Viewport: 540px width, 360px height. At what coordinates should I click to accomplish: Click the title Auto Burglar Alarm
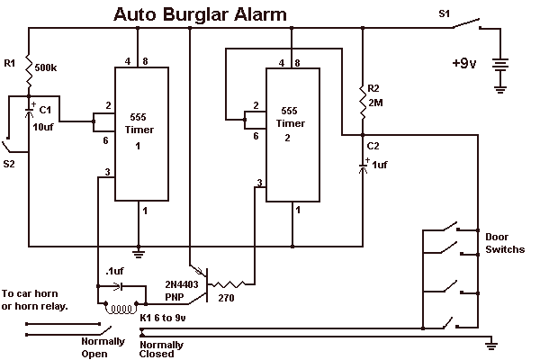(x=200, y=14)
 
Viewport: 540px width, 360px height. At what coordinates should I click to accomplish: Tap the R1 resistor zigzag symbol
(x=29, y=71)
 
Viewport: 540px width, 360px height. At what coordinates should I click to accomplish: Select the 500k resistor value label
(x=46, y=67)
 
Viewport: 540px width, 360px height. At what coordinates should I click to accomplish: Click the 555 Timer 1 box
(x=141, y=134)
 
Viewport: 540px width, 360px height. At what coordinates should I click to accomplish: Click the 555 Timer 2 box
(x=292, y=135)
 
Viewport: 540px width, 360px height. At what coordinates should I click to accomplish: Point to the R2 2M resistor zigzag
(x=363, y=103)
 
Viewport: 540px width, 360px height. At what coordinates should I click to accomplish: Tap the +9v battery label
(x=463, y=63)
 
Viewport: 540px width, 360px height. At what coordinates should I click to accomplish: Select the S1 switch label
(x=444, y=13)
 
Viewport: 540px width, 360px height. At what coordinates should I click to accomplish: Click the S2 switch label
(x=9, y=164)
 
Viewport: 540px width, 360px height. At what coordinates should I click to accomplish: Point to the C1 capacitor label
(x=45, y=110)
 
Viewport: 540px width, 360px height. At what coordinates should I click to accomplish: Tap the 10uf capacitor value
(x=43, y=127)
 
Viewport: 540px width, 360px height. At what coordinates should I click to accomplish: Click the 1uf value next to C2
(x=380, y=165)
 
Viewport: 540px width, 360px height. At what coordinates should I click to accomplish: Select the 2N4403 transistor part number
(x=182, y=284)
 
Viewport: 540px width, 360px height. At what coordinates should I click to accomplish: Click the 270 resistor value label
(x=226, y=298)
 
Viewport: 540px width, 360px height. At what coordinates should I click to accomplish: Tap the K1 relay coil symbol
(x=121, y=308)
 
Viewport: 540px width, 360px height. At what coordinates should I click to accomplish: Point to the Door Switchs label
(x=505, y=243)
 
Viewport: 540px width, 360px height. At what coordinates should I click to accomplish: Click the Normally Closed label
(x=161, y=349)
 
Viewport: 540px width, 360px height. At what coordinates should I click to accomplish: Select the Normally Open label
(x=103, y=347)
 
